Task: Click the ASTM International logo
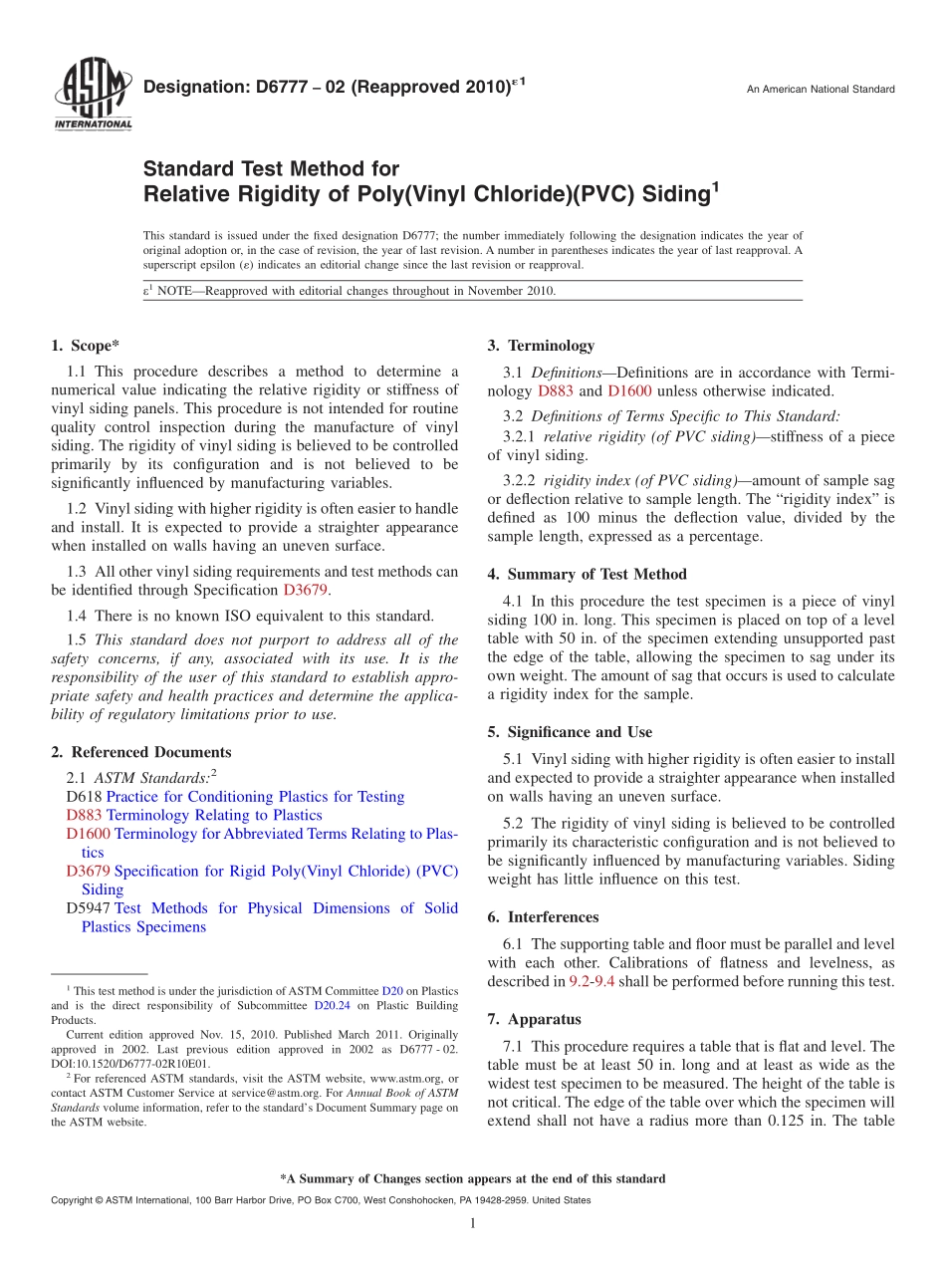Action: click(92, 96)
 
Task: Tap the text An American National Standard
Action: click(821, 90)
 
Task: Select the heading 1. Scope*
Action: click(85, 346)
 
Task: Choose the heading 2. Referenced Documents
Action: click(140, 752)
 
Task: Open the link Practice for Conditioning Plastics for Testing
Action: click(255, 797)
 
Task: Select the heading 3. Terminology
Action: click(541, 346)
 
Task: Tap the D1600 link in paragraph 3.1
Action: click(629, 391)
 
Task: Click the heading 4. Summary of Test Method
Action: click(587, 574)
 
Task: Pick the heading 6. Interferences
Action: click(543, 916)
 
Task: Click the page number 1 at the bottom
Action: click(472, 1223)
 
